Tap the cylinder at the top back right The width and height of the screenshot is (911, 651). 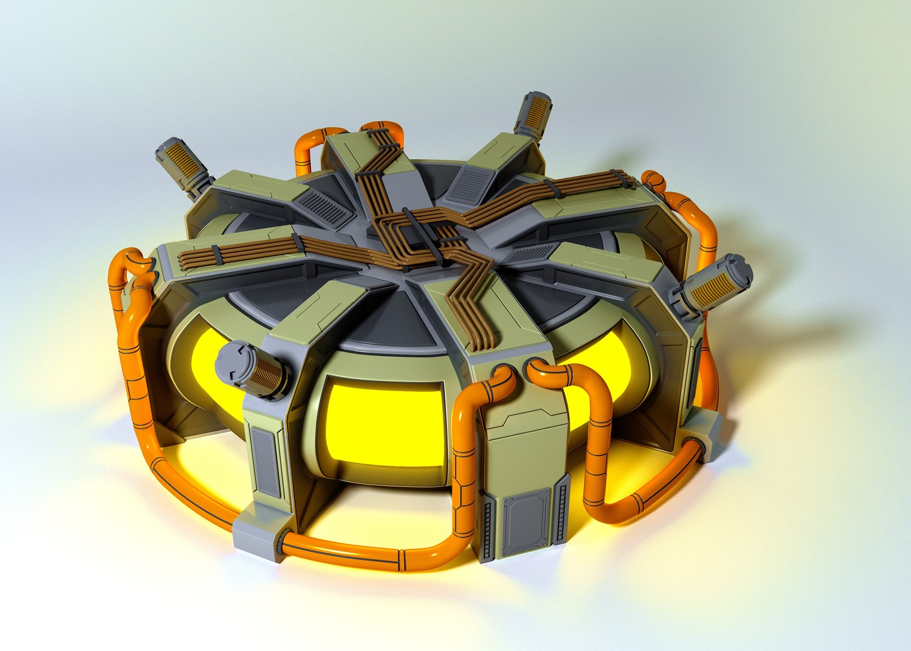[533, 115]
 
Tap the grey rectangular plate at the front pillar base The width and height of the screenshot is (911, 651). [527, 521]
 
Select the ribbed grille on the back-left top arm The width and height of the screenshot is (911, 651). [326, 208]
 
